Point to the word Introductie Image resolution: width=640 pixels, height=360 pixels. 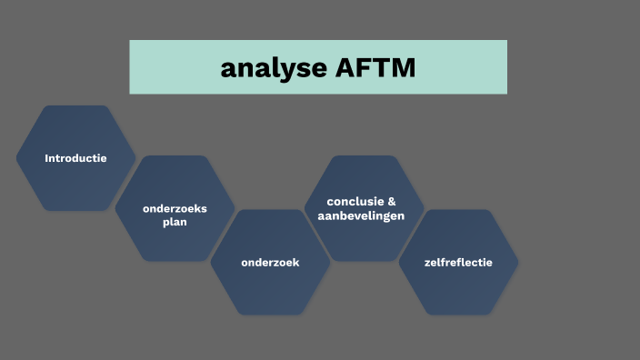[75, 158]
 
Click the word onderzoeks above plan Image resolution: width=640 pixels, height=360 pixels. [175, 208]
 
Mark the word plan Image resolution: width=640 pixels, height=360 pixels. [175, 222]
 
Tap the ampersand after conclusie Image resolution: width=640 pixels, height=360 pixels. [392, 201]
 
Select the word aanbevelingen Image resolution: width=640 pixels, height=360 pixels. [361, 215]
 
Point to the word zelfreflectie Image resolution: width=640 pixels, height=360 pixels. [458, 263]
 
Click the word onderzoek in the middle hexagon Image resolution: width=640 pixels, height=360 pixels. [270, 263]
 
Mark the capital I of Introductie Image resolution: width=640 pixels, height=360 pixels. [46, 158]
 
